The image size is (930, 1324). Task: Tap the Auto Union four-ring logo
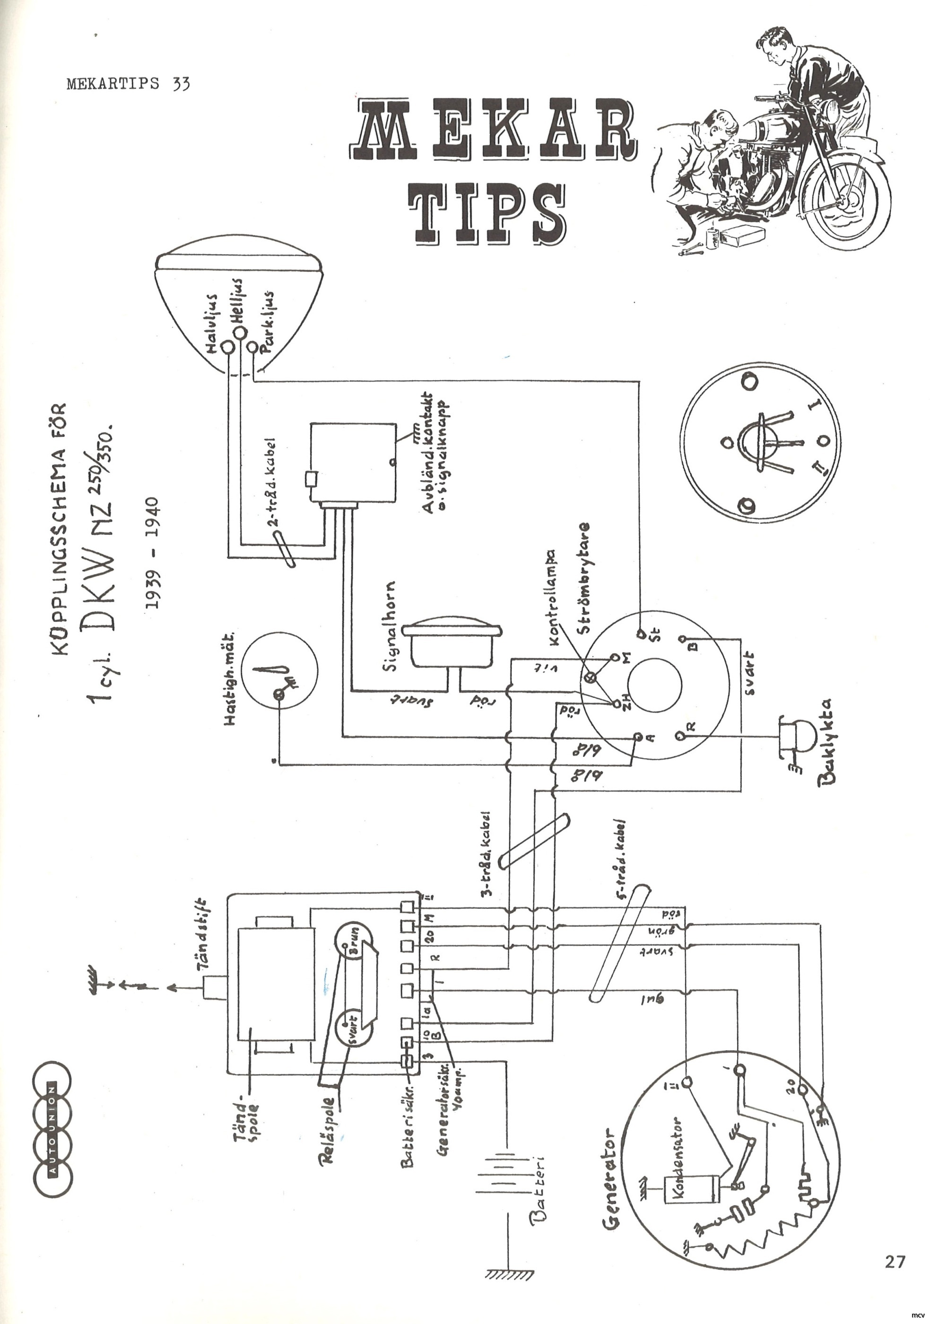coord(52,1130)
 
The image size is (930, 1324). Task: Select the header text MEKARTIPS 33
coord(128,84)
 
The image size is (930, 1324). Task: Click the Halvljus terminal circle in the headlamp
coord(228,347)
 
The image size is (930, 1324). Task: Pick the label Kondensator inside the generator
coord(678,1158)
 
